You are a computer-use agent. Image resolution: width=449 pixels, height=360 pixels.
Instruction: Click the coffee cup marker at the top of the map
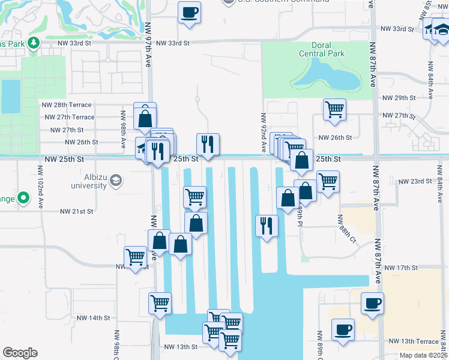[189, 13]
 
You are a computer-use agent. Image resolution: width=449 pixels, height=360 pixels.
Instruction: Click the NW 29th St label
[402, 98]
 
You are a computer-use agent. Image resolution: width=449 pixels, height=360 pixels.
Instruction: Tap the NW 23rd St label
[415, 181]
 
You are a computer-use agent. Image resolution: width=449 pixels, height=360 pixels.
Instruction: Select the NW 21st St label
[76, 211]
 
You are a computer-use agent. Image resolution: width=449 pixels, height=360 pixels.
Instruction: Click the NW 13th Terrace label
[414, 341]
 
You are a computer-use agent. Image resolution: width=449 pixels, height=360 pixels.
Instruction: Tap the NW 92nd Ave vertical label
[263, 131]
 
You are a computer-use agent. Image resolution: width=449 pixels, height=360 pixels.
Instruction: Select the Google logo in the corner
[20, 352]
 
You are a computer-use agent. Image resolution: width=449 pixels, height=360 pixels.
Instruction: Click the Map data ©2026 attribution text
[423, 355]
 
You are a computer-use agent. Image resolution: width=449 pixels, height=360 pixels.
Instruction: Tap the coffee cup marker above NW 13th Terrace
[343, 329]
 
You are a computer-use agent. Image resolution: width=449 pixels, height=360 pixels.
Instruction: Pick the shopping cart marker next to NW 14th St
[160, 303]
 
